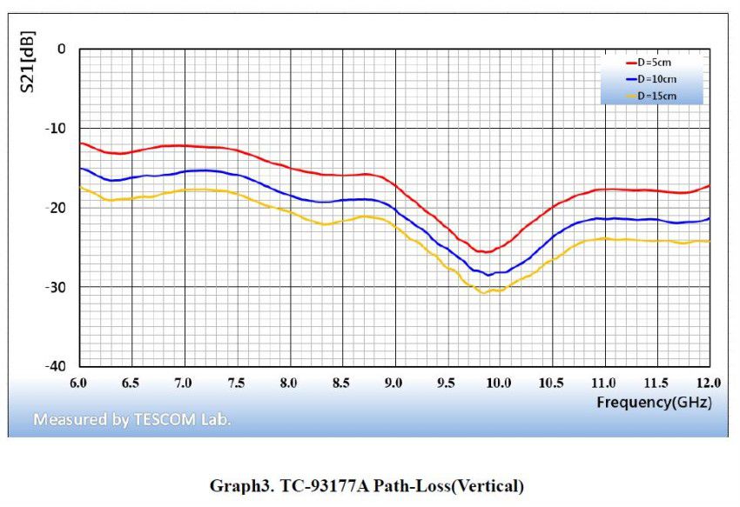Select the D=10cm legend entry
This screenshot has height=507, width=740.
pyautogui.click(x=655, y=79)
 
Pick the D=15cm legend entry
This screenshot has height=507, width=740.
pyautogui.click(x=655, y=96)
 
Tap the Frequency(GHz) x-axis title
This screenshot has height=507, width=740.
pyautogui.click(x=653, y=402)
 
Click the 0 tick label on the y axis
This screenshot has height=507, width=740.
pyautogui.click(x=61, y=49)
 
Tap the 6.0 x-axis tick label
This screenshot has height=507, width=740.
pyautogui.click(x=78, y=383)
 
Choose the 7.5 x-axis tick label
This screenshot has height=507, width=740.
pyautogui.click(x=236, y=383)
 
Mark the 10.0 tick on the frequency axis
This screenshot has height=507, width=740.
pyautogui.click(x=499, y=383)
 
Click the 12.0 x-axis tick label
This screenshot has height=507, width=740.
pyautogui.click(x=709, y=383)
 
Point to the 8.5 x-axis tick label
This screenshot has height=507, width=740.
pyautogui.click(x=341, y=383)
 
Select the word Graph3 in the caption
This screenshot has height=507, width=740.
pyautogui.click(x=235, y=486)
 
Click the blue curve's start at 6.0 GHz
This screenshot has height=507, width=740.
pyautogui.click(x=80, y=168)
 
